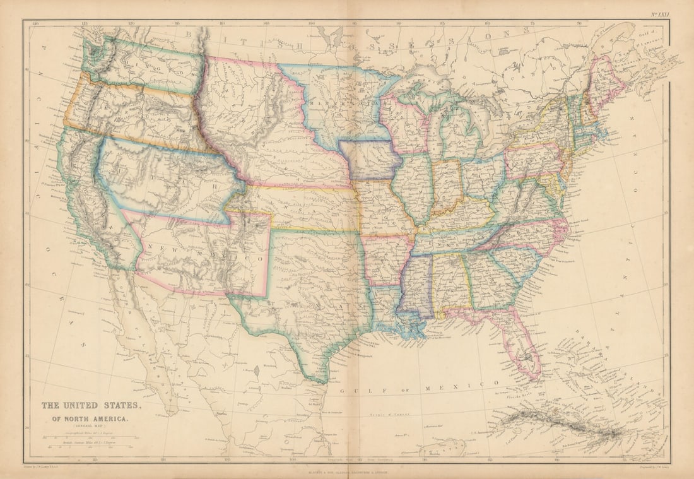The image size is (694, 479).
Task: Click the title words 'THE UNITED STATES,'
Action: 92,406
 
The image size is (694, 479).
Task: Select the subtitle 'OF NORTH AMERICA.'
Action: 92,418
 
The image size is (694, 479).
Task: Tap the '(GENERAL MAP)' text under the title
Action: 92,427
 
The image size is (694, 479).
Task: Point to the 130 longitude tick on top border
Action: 36,25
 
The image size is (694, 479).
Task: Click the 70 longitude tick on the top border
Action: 579,25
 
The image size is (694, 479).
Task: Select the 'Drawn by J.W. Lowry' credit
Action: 61,470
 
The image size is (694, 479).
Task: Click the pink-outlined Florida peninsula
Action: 520,344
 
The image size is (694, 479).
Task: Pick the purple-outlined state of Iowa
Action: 370,161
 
